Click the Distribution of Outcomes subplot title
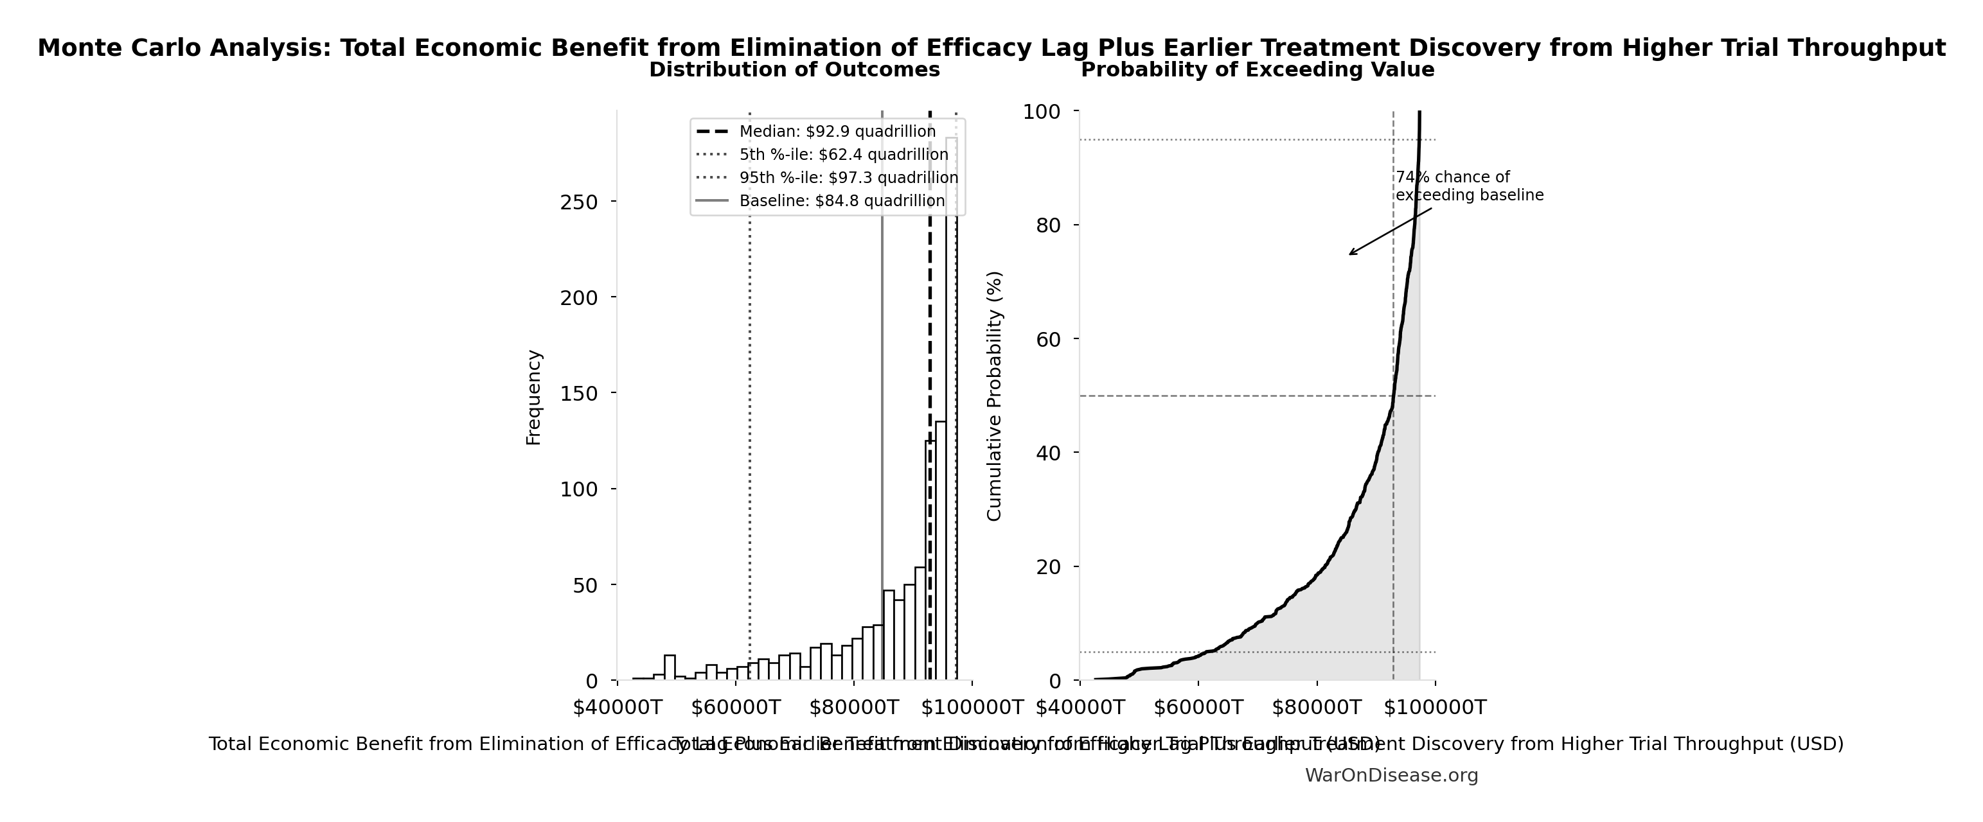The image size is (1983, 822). [x=794, y=70]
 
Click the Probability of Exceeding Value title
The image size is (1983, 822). [x=1257, y=70]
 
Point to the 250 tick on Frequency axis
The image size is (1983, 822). [x=579, y=202]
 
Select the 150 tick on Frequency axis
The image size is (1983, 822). [x=579, y=393]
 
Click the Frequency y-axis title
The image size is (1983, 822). [x=533, y=397]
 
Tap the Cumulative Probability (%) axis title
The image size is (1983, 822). [x=995, y=396]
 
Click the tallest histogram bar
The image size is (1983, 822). [x=952, y=408]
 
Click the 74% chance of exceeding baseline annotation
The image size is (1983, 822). [x=1469, y=186]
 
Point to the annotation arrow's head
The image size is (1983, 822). [x=1350, y=254]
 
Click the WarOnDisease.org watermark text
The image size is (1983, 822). [x=1391, y=776]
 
